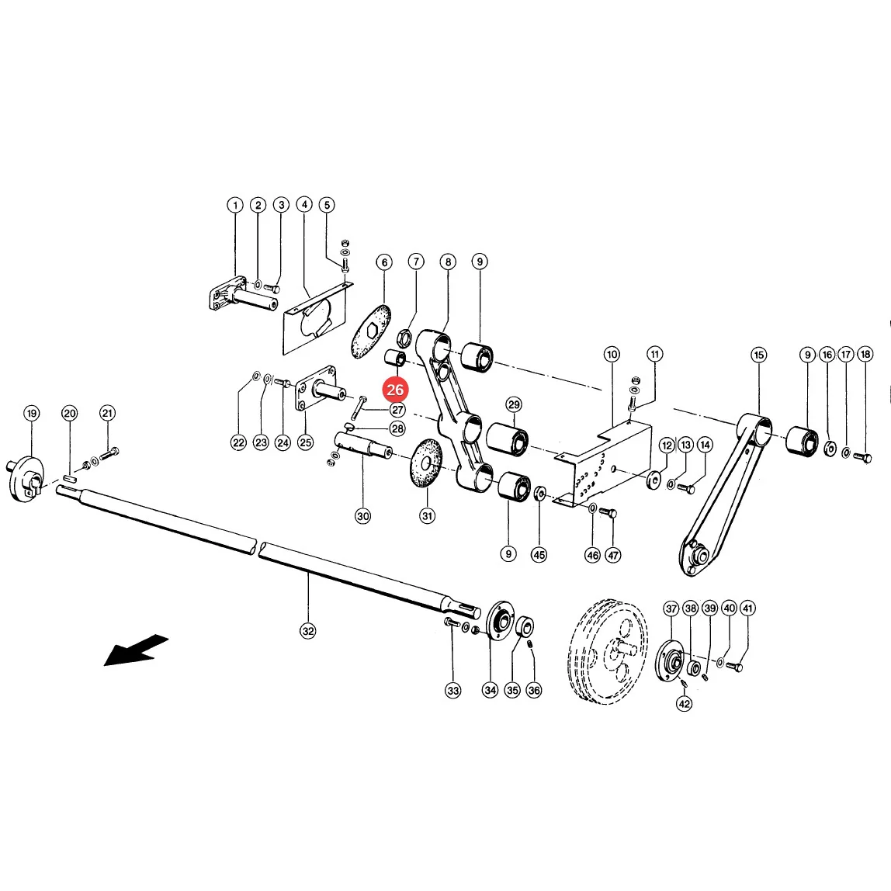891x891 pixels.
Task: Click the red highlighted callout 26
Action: pos(395,390)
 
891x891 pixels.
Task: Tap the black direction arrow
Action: pos(137,650)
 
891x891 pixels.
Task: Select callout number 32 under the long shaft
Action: pos(307,631)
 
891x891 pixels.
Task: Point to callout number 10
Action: pos(612,355)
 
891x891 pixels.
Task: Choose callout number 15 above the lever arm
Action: pos(758,355)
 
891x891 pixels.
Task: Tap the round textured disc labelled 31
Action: pos(426,462)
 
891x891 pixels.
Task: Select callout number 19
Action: pos(31,413)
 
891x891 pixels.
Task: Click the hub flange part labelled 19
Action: pos(26,478)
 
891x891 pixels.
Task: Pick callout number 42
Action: pos(685,703)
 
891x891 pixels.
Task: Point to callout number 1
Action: pos(234,205)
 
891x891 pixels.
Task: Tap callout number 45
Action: pos(539,555)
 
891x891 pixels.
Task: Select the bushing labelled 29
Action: pos(508,439)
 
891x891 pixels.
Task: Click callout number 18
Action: pos(865,355)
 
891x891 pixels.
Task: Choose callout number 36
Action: pos(533,691)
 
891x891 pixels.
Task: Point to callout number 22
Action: pos(238,442)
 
